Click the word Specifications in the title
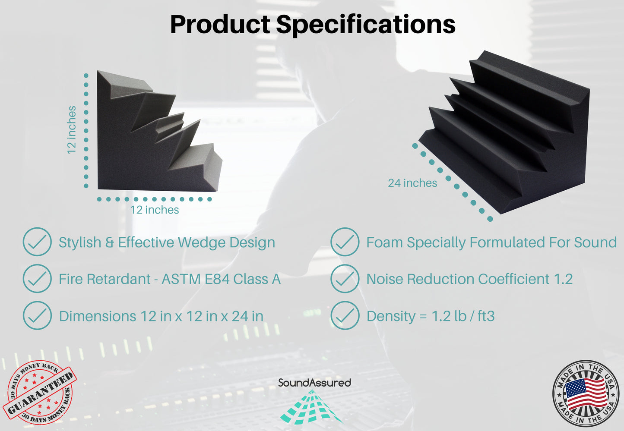(x=366, y=24)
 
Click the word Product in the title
(x=220, y=24)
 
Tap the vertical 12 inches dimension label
(x=71, y=130)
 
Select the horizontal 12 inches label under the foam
(x=155, y=210)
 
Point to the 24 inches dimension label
(x=412, y=183)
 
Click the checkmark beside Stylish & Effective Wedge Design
(x=37, y=242)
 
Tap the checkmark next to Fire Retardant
(x=37, y=279)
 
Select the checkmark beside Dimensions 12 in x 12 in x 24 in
(x=37, y=316)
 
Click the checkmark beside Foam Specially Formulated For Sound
(x=345, y=242)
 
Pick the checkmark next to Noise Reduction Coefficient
(x=345, y=279)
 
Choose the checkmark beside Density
(x=345, y=316)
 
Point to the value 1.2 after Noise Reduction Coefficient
(x=563, y=279)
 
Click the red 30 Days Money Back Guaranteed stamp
(x=39, y=392)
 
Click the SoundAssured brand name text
(x=314, y=383)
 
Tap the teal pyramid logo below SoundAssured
(x=311, y=407)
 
